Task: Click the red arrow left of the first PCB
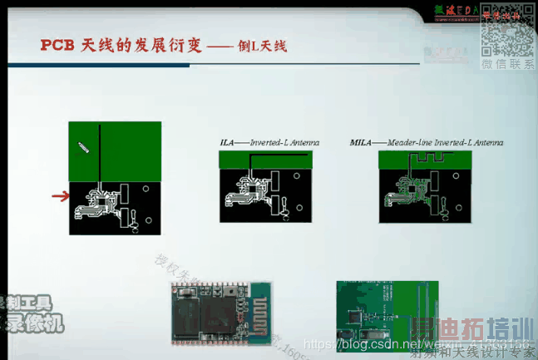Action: pos(58,196)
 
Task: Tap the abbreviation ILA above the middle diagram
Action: pos(227,142)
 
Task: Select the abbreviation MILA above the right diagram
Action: pos(361,142)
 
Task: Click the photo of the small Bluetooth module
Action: pos(221,313)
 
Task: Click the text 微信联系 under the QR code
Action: pos(510,64)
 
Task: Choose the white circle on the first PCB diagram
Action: pos(146,190)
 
